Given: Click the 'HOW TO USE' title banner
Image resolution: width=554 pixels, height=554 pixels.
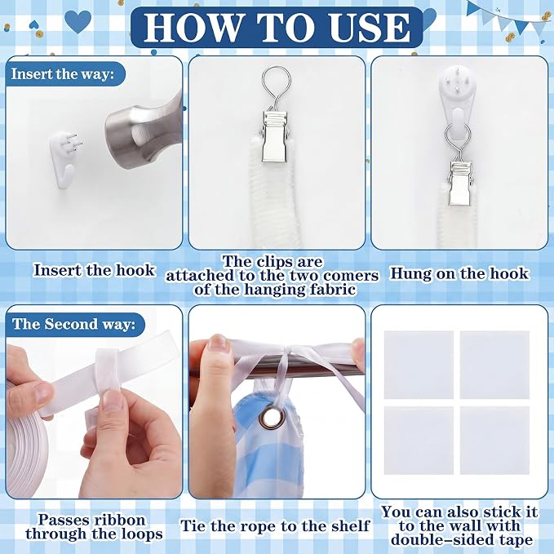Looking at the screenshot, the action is pos(277,27).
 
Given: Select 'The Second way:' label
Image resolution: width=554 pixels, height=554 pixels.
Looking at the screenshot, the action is pos(73,324).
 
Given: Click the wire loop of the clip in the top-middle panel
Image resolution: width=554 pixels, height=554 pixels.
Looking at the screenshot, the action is pos(277,88).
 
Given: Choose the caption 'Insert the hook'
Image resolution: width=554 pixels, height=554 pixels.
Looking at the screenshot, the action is pos(95,270).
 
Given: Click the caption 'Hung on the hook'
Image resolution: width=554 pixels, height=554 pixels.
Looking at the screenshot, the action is pos(459,273).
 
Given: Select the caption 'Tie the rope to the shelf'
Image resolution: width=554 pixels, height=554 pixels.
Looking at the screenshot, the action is pos(275,525).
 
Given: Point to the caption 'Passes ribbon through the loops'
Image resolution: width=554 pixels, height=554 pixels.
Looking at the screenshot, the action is pos(95,527).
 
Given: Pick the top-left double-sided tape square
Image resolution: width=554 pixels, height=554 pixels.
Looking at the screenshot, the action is pos(419,365).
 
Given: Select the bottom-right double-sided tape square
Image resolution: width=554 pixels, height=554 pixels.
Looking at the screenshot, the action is pos(494,441).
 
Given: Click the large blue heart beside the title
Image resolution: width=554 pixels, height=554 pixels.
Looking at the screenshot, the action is pos(78,21).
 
